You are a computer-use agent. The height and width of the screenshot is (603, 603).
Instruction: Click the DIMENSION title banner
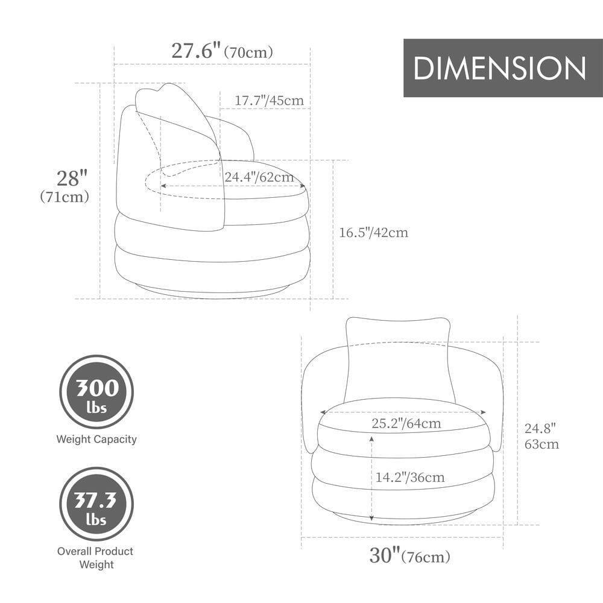[x=503, y=68]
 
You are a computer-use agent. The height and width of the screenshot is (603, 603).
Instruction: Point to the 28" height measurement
[x=72, y=178]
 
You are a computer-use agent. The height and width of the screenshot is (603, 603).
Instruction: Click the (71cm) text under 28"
[x=65, y=197]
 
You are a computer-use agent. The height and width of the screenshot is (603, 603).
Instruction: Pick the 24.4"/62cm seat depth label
[x=259, y=177]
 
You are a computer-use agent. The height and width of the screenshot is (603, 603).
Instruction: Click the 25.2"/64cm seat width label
[x=406, y=423]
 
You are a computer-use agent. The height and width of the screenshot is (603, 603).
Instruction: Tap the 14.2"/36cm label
[x=410, y=478]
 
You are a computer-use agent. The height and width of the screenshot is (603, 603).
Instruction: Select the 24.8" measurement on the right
[x=540, y=429]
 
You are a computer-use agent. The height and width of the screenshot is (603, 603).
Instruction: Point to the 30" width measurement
[x=384, y=555]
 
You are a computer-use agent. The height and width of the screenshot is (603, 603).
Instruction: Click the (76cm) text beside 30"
[x=426, y=557]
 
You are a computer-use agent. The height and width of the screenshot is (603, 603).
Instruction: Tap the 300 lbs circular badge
[x=96, y=392]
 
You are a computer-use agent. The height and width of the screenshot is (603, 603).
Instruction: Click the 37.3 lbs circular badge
[x=96, y=504]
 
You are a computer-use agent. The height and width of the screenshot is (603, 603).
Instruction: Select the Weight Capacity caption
[x=96, y=440]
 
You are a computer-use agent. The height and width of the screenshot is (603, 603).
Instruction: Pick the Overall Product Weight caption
[x=95, y=558]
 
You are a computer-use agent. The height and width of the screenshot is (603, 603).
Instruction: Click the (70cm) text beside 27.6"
[x=248, y=52]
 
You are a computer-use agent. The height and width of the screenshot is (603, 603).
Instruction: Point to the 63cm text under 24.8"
[x=541, y=444]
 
